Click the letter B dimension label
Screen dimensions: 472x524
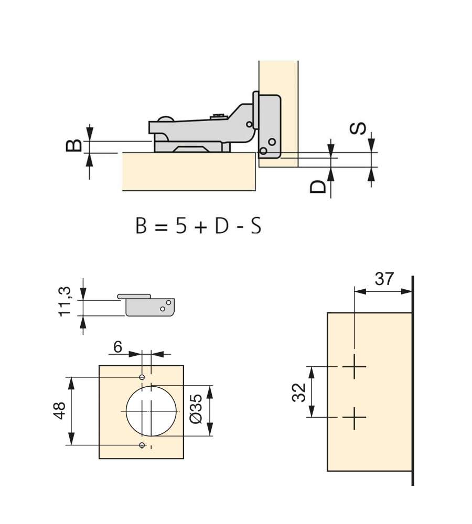(x=73, y=146)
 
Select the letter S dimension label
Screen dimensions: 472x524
(x=358, y=129)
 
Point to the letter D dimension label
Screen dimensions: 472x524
(x=317, y=187)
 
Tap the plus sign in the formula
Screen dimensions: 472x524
(x=200, y=227)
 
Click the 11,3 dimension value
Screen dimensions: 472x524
(x=65, y=301)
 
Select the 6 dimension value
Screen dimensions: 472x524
(x=117, y=347)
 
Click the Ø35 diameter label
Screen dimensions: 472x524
(x=196, y=408)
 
